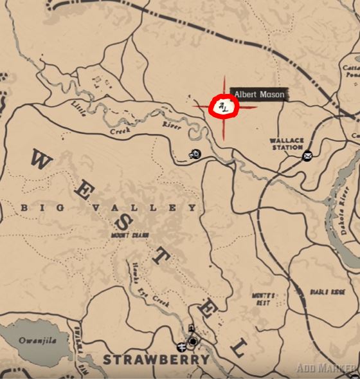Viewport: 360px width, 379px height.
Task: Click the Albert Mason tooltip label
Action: (x=258, y=95)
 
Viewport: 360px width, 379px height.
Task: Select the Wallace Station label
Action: (x=287, y=143)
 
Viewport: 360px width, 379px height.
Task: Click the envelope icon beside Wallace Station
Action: (x=307, y=154)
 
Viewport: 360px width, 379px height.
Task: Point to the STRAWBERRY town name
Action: (x=156, y=359)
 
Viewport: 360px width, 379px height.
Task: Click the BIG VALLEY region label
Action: (x=109, y=208)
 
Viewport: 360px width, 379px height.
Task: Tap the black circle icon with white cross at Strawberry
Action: (x=192, y=340)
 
